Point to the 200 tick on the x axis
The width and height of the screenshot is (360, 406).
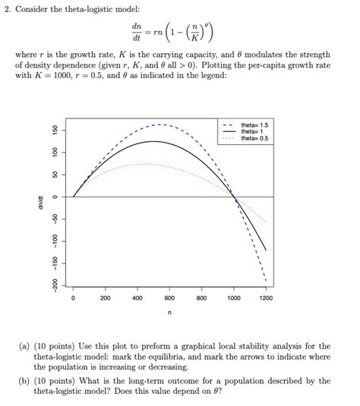[106, 298]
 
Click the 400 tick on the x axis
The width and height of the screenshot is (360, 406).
[137, 298]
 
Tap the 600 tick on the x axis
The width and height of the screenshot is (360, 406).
[169, 298]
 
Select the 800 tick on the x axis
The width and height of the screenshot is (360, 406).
[201, 298]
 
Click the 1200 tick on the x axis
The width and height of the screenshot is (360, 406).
[266, 298]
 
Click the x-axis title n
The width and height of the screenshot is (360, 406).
[169, 313]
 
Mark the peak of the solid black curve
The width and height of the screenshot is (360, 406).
[153, 141]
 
